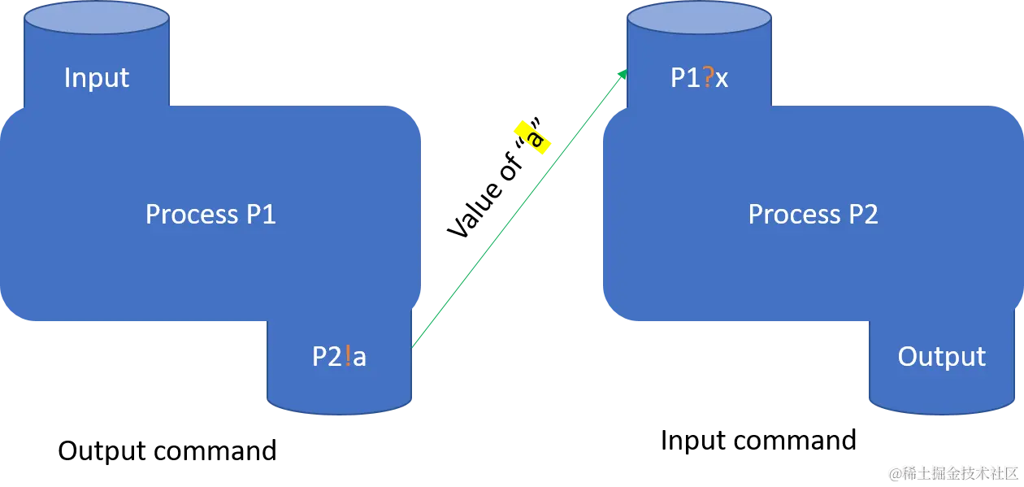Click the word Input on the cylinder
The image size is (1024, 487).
point(97,78)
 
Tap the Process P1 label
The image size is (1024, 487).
point(210,214)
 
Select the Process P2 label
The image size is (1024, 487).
point(813,214)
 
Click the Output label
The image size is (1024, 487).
point(941,356)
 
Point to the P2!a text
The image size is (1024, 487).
point(339,357)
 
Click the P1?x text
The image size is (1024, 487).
point(699,77)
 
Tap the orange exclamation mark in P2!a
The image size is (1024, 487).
point(348,357)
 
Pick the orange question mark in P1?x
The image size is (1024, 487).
point(709,77)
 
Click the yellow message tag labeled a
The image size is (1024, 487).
point(534,137)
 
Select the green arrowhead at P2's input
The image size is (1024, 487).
point(623,72)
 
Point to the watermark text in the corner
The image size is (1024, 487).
point(952,472)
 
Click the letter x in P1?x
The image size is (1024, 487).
point(722,78)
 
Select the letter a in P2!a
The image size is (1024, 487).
point(359,358)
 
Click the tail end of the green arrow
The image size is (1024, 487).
point(414,345)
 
